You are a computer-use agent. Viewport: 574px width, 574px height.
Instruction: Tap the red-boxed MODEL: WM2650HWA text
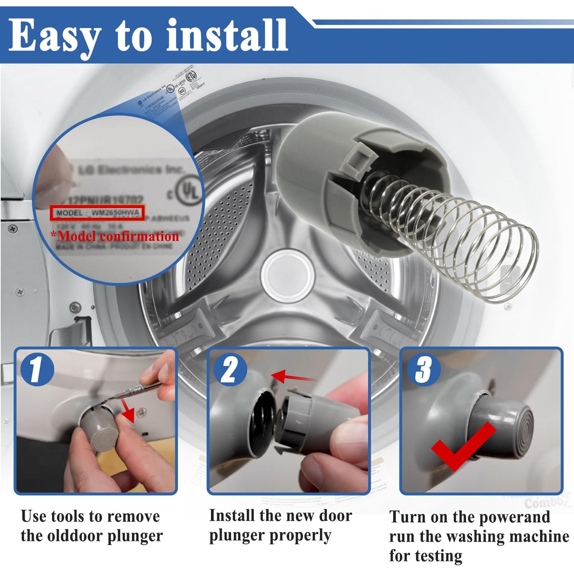pos(97,213)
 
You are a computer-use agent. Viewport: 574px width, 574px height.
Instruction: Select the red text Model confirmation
pos(118,236)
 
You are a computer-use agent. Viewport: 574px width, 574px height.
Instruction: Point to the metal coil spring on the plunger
pos(457,226)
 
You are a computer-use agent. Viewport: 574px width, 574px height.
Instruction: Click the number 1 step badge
pos(37,369)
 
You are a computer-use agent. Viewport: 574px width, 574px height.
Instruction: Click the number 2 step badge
pos(229,370)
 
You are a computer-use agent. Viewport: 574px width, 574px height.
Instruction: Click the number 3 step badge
pos(423,369)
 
